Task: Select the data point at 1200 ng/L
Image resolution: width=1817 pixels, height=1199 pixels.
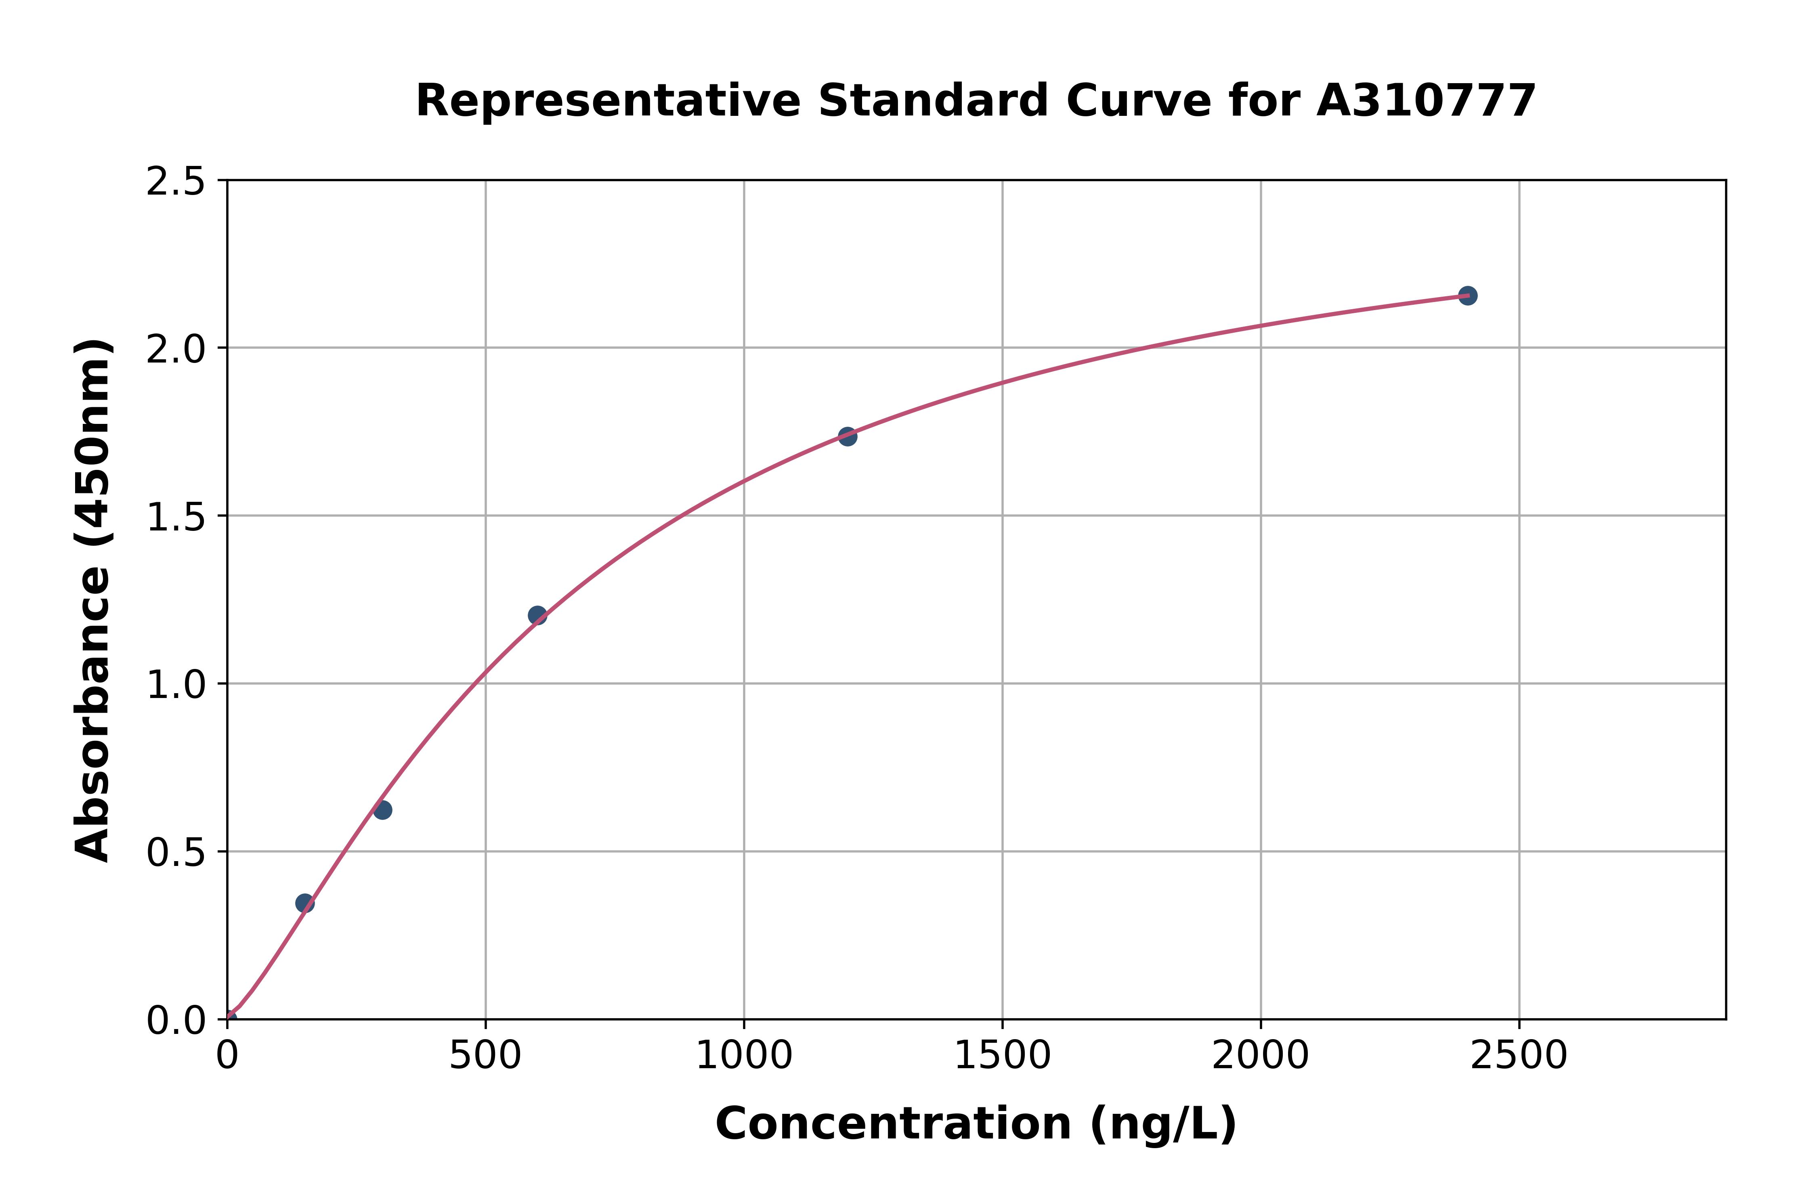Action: click(x=847, y=437)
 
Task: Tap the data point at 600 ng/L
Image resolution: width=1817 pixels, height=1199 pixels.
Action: click(x=537, y=616)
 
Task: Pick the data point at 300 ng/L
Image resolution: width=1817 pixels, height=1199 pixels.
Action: click(x=382, y=810)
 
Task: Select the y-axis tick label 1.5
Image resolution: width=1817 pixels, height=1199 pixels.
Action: click(x=176, y=517)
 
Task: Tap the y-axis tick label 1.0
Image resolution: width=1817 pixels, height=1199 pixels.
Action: click(x=176, y=684)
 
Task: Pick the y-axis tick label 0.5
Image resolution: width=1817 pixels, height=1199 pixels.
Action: click(x=176, y=852)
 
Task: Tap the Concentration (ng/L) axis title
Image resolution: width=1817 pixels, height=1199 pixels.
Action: click(x=976, y=1124)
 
